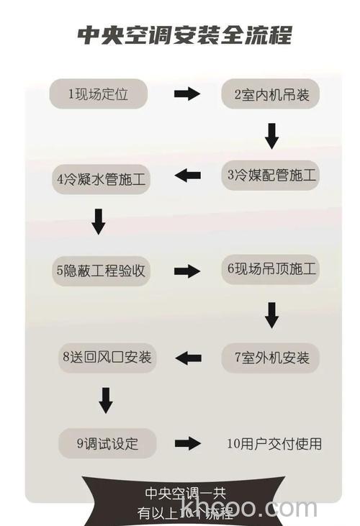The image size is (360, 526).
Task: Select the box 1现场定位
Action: click(x=99, y=94)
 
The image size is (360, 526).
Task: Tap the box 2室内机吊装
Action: click(x=270, y=94)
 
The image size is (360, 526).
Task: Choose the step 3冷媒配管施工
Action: click(x=270, y=175)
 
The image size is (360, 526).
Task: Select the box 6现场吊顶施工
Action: click(x=271, y=269)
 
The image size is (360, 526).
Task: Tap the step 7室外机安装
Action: click(x=271, y=357)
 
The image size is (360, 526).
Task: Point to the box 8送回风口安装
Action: click(x=107, y=357)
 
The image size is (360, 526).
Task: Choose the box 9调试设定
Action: click(x=107, y=443)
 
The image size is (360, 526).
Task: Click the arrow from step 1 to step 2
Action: click(x=187, y=94)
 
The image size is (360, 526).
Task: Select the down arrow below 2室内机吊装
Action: click(x=271, y=135)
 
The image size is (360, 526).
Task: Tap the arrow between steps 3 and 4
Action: click(x=188, y=175)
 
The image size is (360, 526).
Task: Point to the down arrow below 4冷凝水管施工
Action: click(x=99, y=221)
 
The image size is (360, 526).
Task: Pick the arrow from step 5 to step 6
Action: click(x=187, y=271)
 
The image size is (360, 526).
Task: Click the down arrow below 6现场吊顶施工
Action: click(x=271, y=314)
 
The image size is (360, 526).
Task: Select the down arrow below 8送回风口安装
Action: click(x=106, y=401)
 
